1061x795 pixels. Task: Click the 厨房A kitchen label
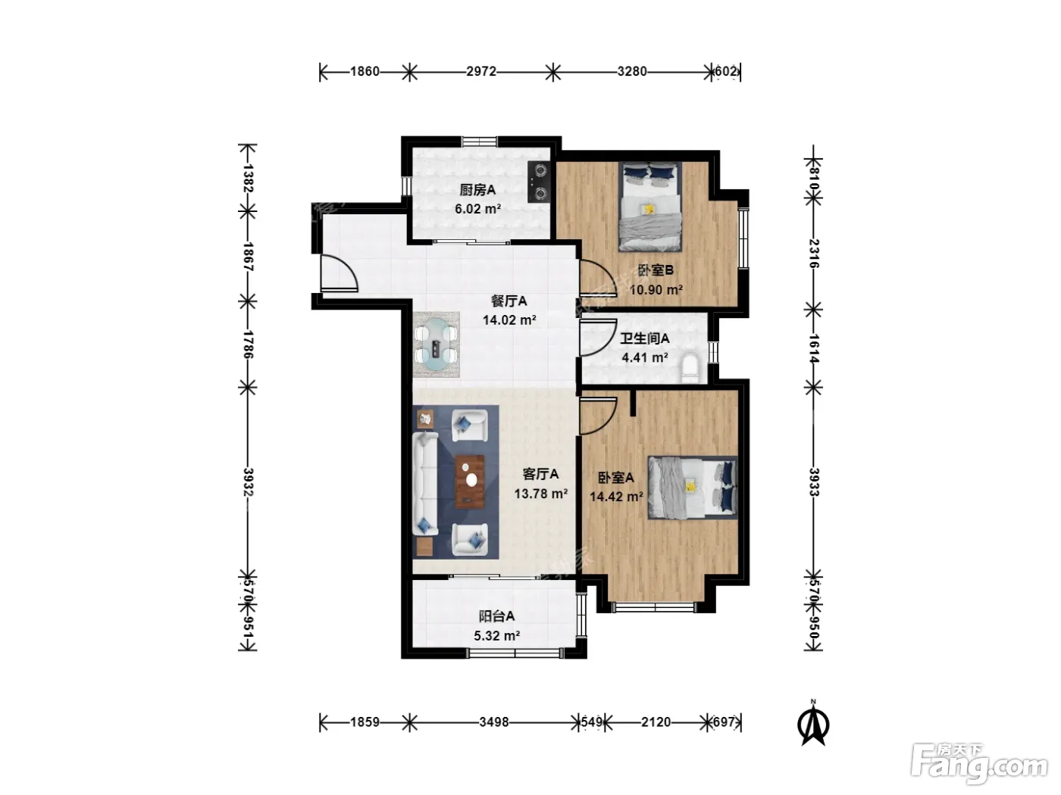pos(477,190)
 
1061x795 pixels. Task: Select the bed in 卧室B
pos(649,207)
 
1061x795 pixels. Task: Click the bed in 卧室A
pos(692,488)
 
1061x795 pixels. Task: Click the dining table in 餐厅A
pos(436,344)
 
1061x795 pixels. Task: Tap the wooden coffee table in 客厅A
pos(470,482)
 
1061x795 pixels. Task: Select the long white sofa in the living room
pos(425,483)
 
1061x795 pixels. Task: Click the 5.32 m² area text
pos(497,636)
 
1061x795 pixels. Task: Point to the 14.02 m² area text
pos(509,320)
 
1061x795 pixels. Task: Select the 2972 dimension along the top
pos(481,71)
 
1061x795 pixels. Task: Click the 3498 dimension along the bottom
pos(494,722)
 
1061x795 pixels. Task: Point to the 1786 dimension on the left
pos(248,344)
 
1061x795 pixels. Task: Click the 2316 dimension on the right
pos(813,254)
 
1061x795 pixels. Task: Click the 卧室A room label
pos(616,478)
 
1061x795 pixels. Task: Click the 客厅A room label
pos(540,474)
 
